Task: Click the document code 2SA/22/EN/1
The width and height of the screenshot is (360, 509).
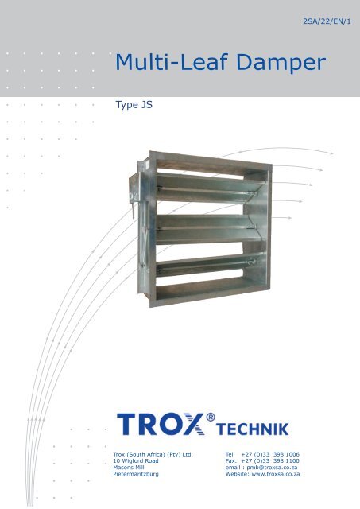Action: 327,21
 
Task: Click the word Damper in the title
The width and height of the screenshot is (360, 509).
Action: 281,63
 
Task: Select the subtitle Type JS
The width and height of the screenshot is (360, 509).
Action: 134,105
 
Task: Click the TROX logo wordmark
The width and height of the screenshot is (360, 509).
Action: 161,424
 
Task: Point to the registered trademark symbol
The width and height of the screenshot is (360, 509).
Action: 211,417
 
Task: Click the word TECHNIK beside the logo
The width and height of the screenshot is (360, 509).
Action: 253,429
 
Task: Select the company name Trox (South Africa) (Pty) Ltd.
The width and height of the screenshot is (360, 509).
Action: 153,454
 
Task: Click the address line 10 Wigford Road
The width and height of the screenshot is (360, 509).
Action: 136,461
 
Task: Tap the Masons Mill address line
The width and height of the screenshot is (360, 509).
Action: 129,468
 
